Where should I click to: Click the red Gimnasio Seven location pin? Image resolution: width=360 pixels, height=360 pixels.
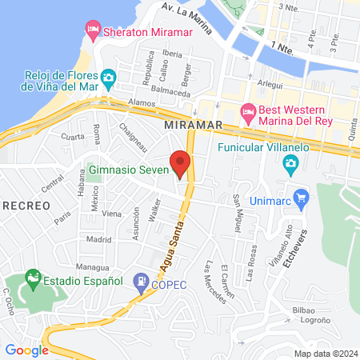point(181,163)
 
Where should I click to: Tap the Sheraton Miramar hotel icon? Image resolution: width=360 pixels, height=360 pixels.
point(94,30)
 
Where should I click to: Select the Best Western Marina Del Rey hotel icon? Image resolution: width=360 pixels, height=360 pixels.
point(247,110)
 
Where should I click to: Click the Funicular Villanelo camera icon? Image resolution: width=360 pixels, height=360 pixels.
point(290,165)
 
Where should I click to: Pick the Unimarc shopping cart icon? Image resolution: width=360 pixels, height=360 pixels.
point(301,197)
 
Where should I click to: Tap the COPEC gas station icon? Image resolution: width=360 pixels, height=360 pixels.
point(142,282)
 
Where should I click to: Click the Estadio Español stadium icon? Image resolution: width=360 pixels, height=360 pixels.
point(33,281)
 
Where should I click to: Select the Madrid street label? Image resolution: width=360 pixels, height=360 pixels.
point(98,238)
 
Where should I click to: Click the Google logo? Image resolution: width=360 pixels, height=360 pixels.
point(26,350)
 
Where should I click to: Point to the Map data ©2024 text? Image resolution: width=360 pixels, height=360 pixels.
point(324,354)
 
